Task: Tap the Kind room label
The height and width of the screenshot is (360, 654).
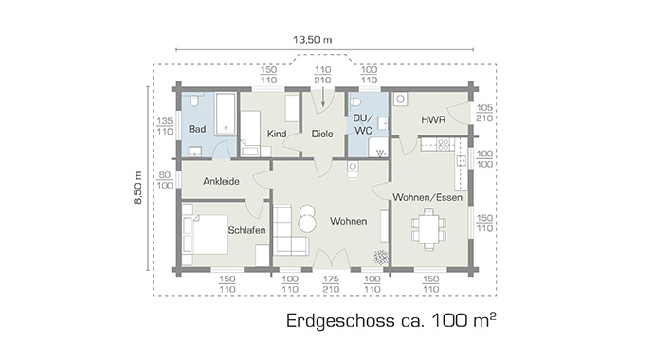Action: pos(277,134)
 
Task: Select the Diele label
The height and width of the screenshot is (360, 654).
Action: pos(321,134)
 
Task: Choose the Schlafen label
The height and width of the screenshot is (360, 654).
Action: pos(245,230)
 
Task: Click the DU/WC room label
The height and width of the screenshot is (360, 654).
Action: pos(364,125)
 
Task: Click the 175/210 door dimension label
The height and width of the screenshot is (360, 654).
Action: pos(331,284)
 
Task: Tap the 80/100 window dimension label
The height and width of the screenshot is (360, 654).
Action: pos(164,180)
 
